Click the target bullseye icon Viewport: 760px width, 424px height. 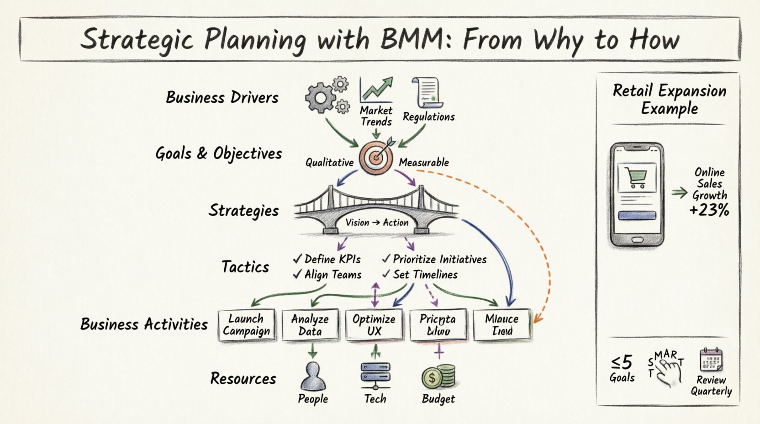[x=376, y=157]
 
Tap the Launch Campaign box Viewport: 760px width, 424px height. [x=247, y=325]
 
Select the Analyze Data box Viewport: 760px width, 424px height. [x=310, y=325]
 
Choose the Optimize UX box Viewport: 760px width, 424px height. [x=374, y=325]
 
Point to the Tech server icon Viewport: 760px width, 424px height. [x=375, y=376]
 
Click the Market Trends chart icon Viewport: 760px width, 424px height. [x=376, y=90]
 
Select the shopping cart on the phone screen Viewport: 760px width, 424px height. [x=637, y=177]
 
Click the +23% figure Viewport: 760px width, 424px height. [x=709, y=210]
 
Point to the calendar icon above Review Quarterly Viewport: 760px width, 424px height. [x=711, y=360]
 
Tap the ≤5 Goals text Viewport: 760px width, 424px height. [x=622, y=369]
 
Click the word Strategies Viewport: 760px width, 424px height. [x=243, y=210]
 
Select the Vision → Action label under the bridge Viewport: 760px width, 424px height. [x=377, y=223]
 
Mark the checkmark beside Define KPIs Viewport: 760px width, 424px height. [x=298, y=259]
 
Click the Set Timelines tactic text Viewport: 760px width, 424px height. [x=425, y=275]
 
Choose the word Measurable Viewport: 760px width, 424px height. [x=424, y=162]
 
